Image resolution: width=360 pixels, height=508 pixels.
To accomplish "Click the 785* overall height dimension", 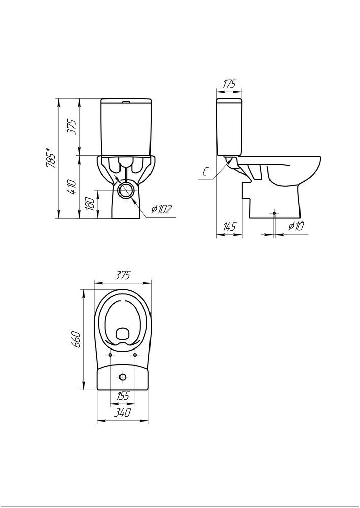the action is [51, 158].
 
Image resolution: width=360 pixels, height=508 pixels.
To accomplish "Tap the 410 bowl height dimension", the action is [73, 187].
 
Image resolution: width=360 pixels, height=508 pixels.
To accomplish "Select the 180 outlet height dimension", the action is [92, 204].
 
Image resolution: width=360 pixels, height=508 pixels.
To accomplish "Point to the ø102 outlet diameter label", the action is [161, 210].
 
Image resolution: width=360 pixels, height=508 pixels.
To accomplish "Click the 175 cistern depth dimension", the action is [229, 84].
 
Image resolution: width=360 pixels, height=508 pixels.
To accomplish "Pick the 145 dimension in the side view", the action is [229, 226].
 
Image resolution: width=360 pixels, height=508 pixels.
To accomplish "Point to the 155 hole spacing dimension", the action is [123, 396].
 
